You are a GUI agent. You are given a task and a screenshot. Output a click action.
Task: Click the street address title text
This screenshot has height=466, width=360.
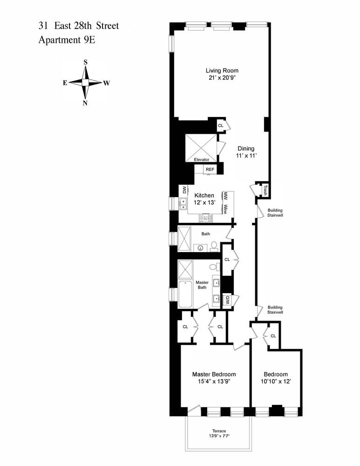(x=79, y=26)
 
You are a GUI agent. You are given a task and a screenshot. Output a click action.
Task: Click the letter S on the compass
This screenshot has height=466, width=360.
(x=85, y=62)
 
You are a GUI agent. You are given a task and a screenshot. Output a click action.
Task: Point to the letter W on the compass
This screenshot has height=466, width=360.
(x=107, y=83)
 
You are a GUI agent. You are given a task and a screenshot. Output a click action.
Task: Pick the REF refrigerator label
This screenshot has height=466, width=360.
(x=210, y=170)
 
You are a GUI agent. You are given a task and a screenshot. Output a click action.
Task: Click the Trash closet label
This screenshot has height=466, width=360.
(x=265, y=190)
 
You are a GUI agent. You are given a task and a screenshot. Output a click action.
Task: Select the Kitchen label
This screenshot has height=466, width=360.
(x=204, y=195)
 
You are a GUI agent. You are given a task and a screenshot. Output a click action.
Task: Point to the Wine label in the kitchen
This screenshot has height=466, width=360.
(x=225, y=209)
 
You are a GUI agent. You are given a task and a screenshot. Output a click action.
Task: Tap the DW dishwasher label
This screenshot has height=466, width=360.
(x=184, y=190)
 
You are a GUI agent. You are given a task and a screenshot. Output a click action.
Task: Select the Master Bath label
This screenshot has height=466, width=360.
(x=202, y=285)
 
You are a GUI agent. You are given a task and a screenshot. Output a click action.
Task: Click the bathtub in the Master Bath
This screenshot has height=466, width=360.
(x=185, y=295)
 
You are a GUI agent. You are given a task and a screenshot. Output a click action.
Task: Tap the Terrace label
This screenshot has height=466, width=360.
(x=218, y=431)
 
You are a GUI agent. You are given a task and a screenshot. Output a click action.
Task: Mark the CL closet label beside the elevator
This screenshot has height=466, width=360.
(x=221, y=125)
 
